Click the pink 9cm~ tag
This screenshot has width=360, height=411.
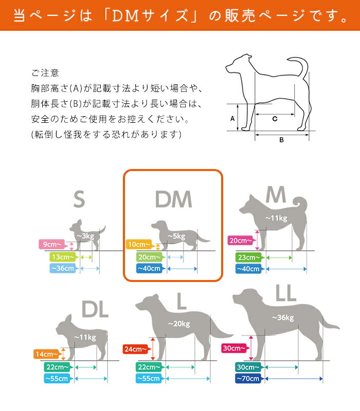[52, 244]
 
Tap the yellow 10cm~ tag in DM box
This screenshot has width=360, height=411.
[139, 245]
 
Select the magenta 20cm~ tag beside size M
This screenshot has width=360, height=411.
[241, 240]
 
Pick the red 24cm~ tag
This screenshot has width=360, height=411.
[137, 349]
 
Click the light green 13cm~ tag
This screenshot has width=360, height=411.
[62, 256]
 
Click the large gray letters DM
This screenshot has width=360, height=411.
[173, 199]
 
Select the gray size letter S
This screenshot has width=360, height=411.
[79, 199]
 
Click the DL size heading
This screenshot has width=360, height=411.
[95, 310]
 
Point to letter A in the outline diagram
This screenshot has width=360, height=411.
[232, 118]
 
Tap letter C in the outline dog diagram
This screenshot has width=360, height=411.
[275, 119]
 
